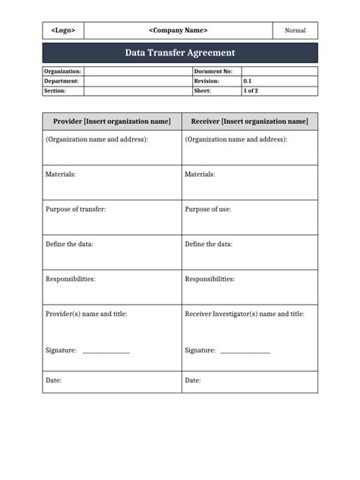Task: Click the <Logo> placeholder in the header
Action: tap(63, 30)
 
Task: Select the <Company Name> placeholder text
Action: tap(178, 30)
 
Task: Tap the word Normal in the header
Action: tap(295, 30)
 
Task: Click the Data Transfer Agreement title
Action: tap(180, 52)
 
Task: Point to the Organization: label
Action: tap(62, 71)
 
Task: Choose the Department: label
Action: tap(62, 81)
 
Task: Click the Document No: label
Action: tap(213, 71)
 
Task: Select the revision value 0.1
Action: tap(248, 81)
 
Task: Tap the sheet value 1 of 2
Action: tap(251, 90)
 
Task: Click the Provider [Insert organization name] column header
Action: tap(112, 122)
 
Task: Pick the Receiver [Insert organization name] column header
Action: tap(250, 122)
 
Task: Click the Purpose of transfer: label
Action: tap(75, 209)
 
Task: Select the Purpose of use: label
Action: tap(208, 209)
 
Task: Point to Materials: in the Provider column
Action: tap(61, 174)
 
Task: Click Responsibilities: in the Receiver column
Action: tap(210, 279)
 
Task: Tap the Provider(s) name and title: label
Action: tap(87, 314)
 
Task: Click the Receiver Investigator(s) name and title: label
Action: tap(245, 314)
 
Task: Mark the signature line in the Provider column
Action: tap(106, 352)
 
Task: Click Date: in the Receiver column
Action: tap(193, 380)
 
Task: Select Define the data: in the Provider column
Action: tap(69, 244)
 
